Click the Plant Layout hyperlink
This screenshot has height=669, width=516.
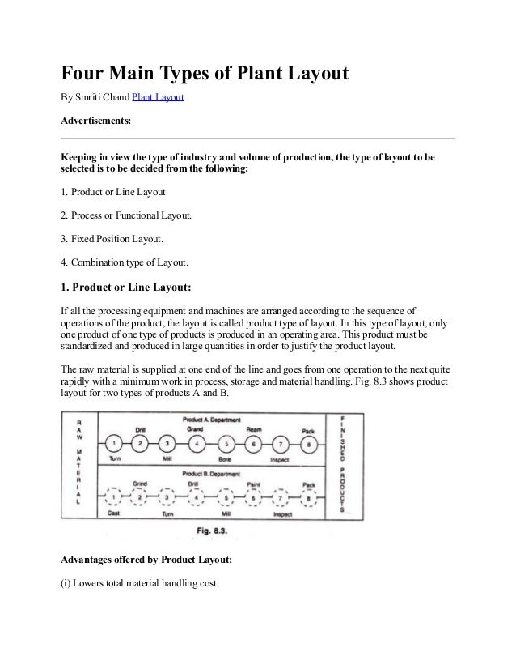(x=158, y=97)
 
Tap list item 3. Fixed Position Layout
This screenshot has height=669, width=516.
(x=112, y=240)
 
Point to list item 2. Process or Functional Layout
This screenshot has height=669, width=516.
(x=127, y=216)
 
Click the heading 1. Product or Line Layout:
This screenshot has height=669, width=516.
(x=125, y=286)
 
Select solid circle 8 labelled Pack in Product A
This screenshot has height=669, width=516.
(x=307, y=443)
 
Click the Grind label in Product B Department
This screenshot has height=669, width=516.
(x=139, y=483)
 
